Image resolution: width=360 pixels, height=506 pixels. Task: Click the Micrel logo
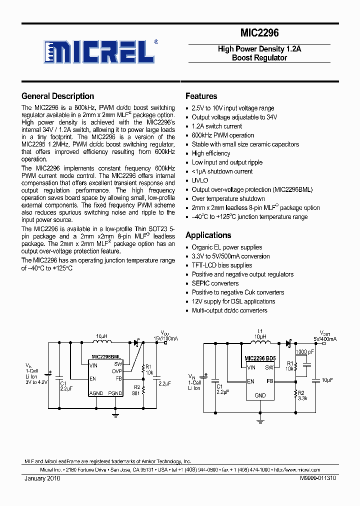[100, 51]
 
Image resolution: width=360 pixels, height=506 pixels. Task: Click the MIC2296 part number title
[259, 33]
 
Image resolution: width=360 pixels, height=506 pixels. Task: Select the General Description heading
[57, 96]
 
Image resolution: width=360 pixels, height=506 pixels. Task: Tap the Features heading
[201, 96]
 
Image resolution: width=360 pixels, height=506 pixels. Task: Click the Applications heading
[208, 235]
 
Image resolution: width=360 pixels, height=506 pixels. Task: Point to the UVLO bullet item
[199, 180]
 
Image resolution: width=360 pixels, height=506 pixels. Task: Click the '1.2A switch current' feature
[216, 126]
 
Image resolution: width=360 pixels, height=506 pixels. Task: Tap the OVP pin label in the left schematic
[117, 371]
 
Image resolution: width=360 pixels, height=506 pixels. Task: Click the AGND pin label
[96, 393]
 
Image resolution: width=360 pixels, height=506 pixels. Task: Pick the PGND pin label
[114, 393]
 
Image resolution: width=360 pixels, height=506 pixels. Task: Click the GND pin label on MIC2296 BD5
[260, 395]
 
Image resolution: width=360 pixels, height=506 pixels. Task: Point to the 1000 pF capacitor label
[304, 352]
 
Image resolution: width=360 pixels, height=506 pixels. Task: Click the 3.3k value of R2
[303, 398]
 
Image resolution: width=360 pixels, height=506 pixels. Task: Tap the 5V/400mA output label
[325, 338]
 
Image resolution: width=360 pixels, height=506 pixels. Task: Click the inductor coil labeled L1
[259, 343]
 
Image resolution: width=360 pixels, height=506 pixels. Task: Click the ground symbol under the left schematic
[115, 413]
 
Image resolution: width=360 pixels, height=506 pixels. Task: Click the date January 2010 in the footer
[42, 478]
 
